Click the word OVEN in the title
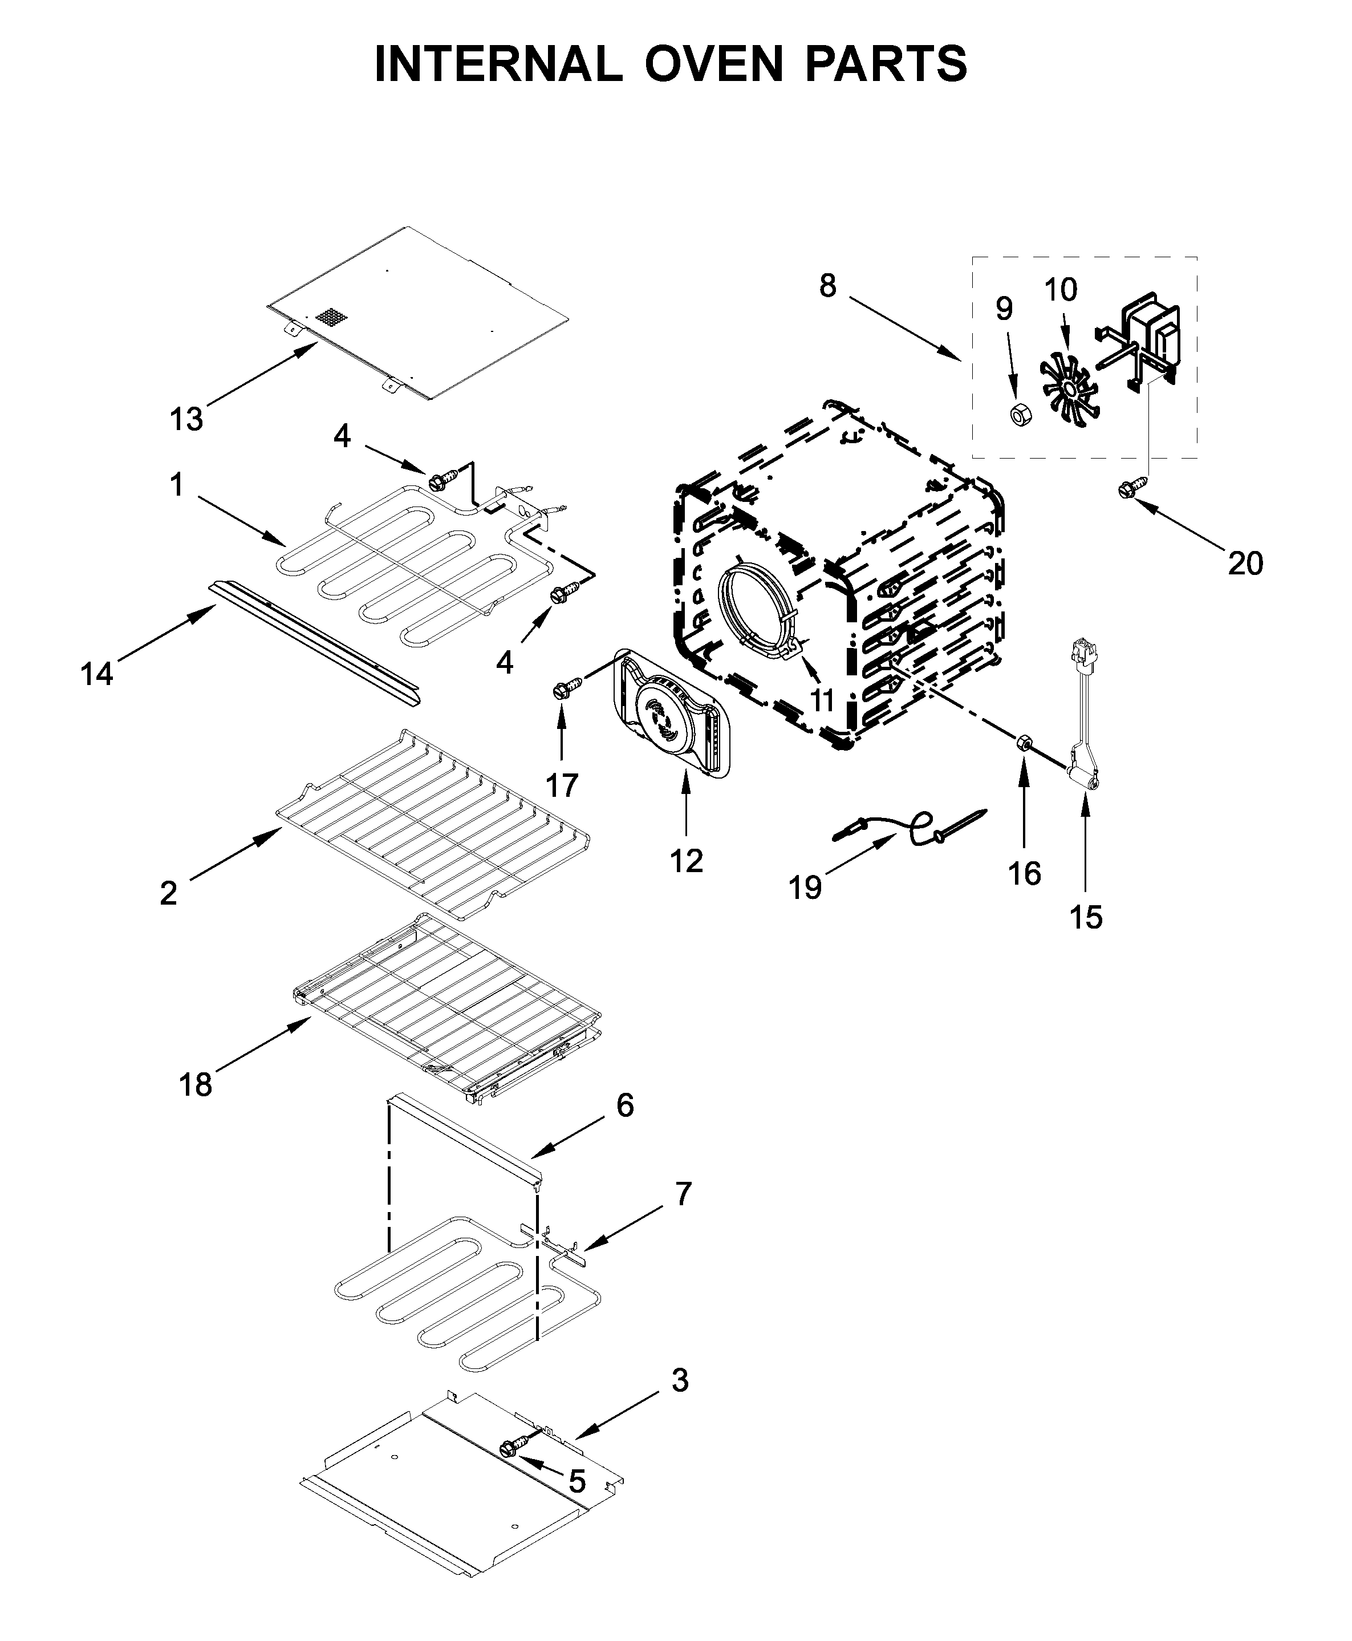(x=713, y=64)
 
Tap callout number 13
(x=187, y=420)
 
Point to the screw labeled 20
(x=1126, y=490)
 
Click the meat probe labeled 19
(x=911, y=828)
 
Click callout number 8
(x=828, y=286)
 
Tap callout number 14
(x=96, y=674)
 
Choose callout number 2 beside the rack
(x=168, y=893)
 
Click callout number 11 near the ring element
(x=822, y=699)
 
